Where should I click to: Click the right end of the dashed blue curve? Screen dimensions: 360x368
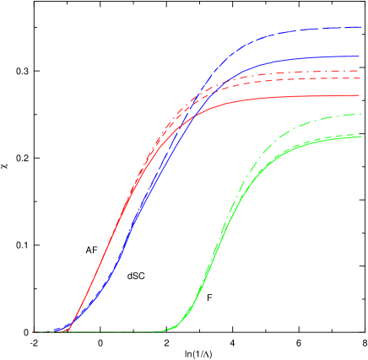tap(361, 28)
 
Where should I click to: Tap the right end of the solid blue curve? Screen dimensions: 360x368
tap(361, 56)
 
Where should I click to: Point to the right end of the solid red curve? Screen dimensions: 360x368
tap(361, 96)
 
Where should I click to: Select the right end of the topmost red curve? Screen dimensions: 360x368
tap(361, 72)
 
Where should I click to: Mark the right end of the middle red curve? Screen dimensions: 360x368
tap(361, 78)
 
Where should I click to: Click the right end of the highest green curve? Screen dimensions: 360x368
tap(361, 114)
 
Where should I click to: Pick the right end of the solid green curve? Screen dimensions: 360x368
tap(361, 137)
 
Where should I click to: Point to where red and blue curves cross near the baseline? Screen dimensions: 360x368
tap(71, 324)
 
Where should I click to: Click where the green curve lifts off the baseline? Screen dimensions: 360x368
tap(169, 330)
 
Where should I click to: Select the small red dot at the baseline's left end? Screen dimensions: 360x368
tap(34, 332)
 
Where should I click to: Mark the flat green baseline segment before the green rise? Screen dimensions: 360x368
tap(118, 332)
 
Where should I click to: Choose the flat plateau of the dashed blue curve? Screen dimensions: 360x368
tap(321, 30)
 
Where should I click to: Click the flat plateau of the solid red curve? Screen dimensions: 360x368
tap(312, 97)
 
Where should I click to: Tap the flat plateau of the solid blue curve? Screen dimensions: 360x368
tap(321, 58)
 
